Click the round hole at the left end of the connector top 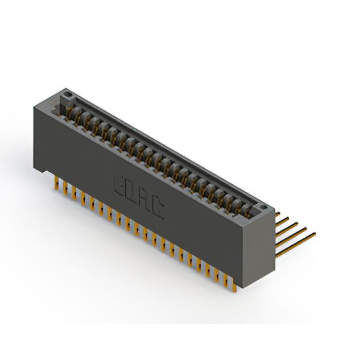(68, 94)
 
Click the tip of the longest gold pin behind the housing (315, 233)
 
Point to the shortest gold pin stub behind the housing (278, 214)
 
